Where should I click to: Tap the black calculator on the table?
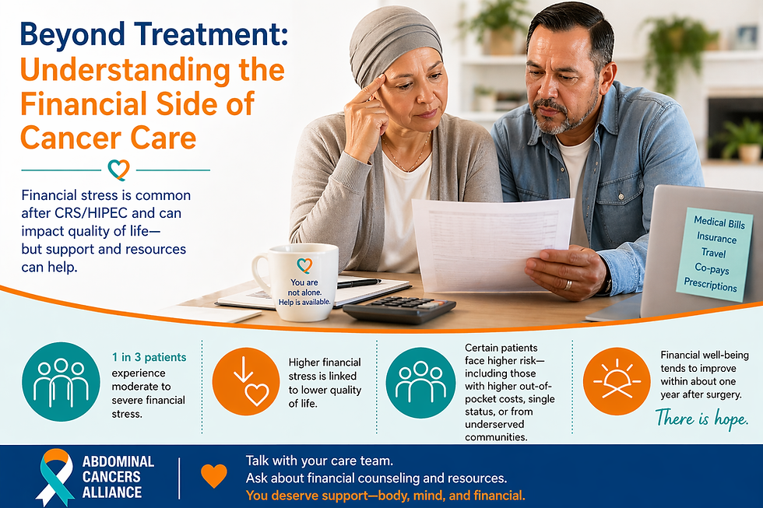pyautogui.click(x=399, y=309)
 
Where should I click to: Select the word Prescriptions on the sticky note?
pyautogui.click(x=710, y=286)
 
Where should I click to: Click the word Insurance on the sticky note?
pyautogui.click(x=716, y=237)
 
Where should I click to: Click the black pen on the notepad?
pyautogui.click(x=359, y=283)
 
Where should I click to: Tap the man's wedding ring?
pyautogui.click(x=568, y=285)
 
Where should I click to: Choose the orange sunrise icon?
pyautogui.click(x=616, y=381)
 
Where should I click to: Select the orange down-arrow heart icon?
pyautogui.click(x=246, y=381)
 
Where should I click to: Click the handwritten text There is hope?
pyautogui.click(x=701, y=419)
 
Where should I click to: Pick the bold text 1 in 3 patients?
pyautogui.click(x=149, y=358)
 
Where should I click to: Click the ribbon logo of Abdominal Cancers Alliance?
pyautogui.click(x=55, y=477)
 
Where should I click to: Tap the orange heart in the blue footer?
pyautogui.click(x=213, y=475)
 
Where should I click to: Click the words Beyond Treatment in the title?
pyautogui.click(x=153, y=33)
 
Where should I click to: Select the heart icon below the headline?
pyautogui.click(x=118, y=169)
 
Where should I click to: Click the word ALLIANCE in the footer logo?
pyautogui.click(x=112, y=492)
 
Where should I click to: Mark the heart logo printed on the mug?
pyautogui.click(x=304, y=265)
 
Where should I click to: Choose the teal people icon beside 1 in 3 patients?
pyautogui.click(x=61, y=381)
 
